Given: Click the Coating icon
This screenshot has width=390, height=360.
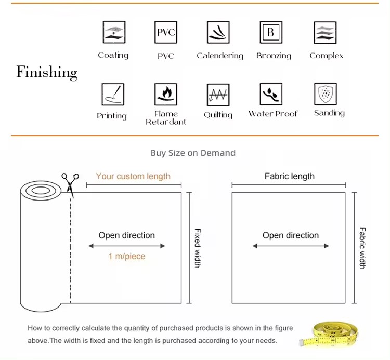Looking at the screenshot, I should coord(113,32).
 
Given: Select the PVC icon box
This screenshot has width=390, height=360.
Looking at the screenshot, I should coord(166,32).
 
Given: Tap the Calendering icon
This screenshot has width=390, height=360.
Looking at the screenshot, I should coord(218,32).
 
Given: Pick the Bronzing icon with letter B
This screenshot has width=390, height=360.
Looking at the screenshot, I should coord(270,32).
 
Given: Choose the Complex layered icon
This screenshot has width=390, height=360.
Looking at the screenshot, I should coord(326,32).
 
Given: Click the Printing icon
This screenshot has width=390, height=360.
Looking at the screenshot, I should coord(112,94).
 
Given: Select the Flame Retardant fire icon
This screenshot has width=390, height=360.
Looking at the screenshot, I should coord(166,94).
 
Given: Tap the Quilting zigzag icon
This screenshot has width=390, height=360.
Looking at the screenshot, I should coord(218,95).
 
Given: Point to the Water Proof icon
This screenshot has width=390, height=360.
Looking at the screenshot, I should coord(271,94).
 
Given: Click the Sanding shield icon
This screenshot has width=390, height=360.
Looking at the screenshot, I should coord(326,94).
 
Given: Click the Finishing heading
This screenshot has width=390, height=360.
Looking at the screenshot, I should coord(47,72).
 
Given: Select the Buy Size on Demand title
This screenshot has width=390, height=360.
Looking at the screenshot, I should coord(193,153).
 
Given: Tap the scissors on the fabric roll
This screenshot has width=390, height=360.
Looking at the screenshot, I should coord(69,184).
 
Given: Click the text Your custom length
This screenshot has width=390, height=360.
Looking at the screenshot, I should coord(133,176).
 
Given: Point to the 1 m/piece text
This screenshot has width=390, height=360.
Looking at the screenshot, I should coord(127,256).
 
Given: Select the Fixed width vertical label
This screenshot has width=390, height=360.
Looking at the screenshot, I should coord(198,248).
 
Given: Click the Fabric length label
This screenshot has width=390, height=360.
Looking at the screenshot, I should coord(290,176).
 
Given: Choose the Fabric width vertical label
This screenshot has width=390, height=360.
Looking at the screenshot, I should coord(362,248).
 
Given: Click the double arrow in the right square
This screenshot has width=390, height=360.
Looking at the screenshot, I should coord(291,246).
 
